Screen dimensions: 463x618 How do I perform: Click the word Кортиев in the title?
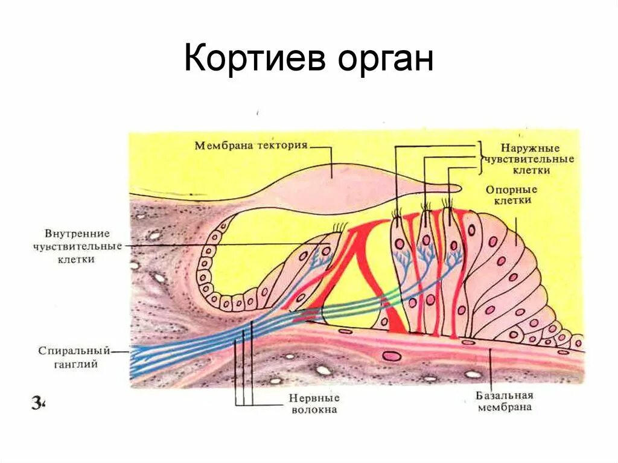pyautogui.click(x=256, y=59)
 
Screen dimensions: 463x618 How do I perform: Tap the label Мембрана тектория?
pyautogui.click(x=252, y=145)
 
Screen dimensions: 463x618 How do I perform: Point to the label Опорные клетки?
pyautogui.click(x=511, y=194)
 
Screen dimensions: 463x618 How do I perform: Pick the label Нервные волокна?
pyautogui.click(x=313, y=404)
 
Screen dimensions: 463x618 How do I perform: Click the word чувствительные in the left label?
pyautogui.click(x=77, y=246)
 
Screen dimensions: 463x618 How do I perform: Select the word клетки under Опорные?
pyautogui.click(x=511, y=200)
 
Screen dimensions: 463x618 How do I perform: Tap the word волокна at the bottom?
pyautogui.click(x=313, y=410)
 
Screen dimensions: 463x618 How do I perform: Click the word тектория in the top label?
pyautogui.click(x=282, y=145)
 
